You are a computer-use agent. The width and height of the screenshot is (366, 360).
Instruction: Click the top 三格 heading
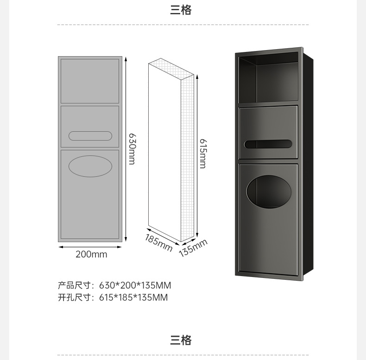coord(181,10)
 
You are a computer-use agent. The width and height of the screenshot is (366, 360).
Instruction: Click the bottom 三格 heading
coord(181,341)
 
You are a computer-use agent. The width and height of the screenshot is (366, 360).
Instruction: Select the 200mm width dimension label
coord(91,254)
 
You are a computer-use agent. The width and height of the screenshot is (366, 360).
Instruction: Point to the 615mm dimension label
coord(203,153)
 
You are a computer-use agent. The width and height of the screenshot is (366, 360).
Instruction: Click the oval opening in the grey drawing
coord(90,166)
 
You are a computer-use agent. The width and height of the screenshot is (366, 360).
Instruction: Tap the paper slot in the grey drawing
coord(90,136)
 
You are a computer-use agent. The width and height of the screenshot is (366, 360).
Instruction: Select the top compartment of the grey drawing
coord(90,81)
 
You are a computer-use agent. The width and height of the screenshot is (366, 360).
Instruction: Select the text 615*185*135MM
coord(133,297)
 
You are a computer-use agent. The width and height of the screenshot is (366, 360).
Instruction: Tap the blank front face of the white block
coord(164,153)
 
